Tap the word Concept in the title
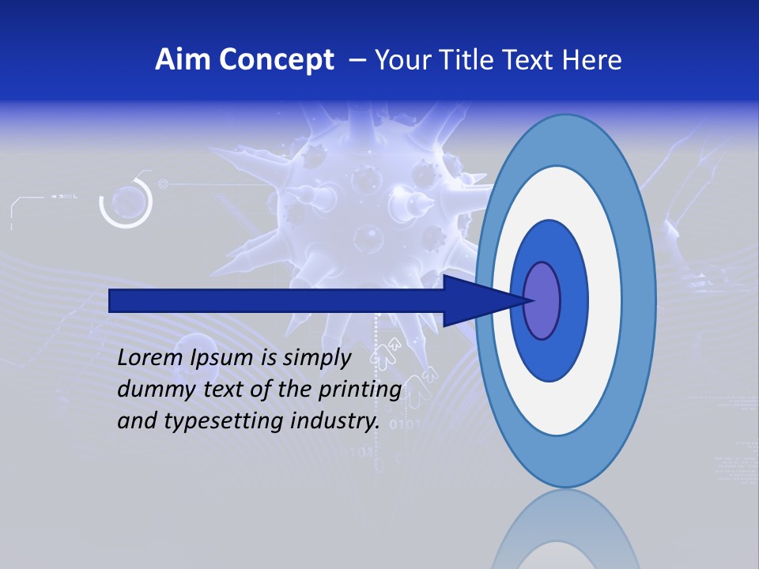tap(276, 59)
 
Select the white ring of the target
tap(604, 300)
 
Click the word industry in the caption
tap(335, 421)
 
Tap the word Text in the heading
tap(531, 59)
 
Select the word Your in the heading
tap(403, 59)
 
